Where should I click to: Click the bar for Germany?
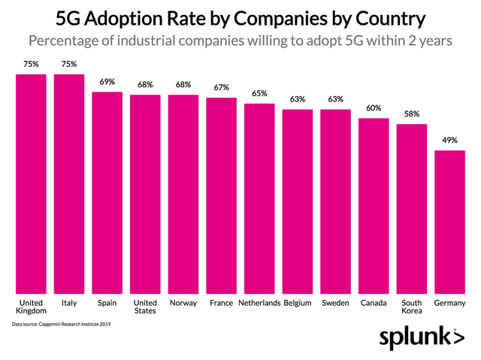(x=449, y=222)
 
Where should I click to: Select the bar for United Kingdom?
(x=31, y=184)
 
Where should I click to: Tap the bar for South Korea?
(x=411, y=210)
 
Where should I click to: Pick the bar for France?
(x=221, y=196)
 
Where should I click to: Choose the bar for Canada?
(x=374, y=207)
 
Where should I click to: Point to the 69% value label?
(x=107, y=82)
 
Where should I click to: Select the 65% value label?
(x=259, y=94)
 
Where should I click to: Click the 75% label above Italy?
(x=69, y=65)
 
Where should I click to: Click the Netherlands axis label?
(x=259, y=303)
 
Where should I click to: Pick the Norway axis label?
(x=183, y=303)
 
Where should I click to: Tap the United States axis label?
(x=145, y=307)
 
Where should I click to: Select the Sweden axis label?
(x=335, y=303)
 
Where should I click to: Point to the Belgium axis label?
(x=298, y=303)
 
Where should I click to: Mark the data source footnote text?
(x=61, y=324)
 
